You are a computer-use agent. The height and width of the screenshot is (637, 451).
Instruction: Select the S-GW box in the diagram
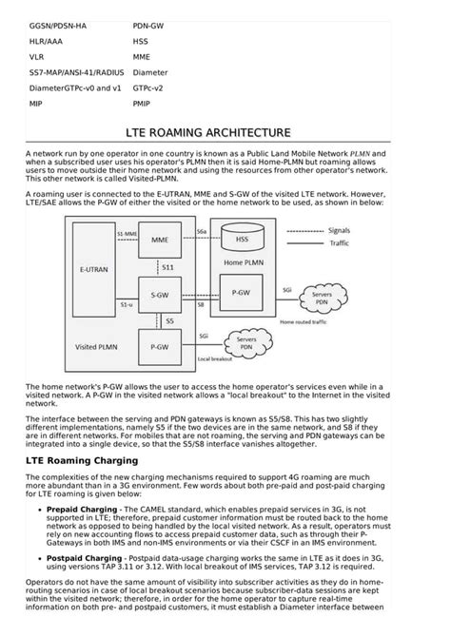(x=159, y=295)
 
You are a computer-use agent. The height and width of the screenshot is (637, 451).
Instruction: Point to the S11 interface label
(x=167, y=269)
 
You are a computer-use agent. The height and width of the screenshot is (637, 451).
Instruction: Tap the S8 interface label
(x=201, y=306)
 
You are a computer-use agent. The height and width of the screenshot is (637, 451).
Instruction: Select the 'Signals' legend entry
(x=339, y=230)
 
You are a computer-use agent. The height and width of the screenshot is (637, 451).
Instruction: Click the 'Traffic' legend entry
(x=339, y=243)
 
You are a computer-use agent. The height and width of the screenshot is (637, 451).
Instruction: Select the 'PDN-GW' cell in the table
(x=149, y=26)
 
